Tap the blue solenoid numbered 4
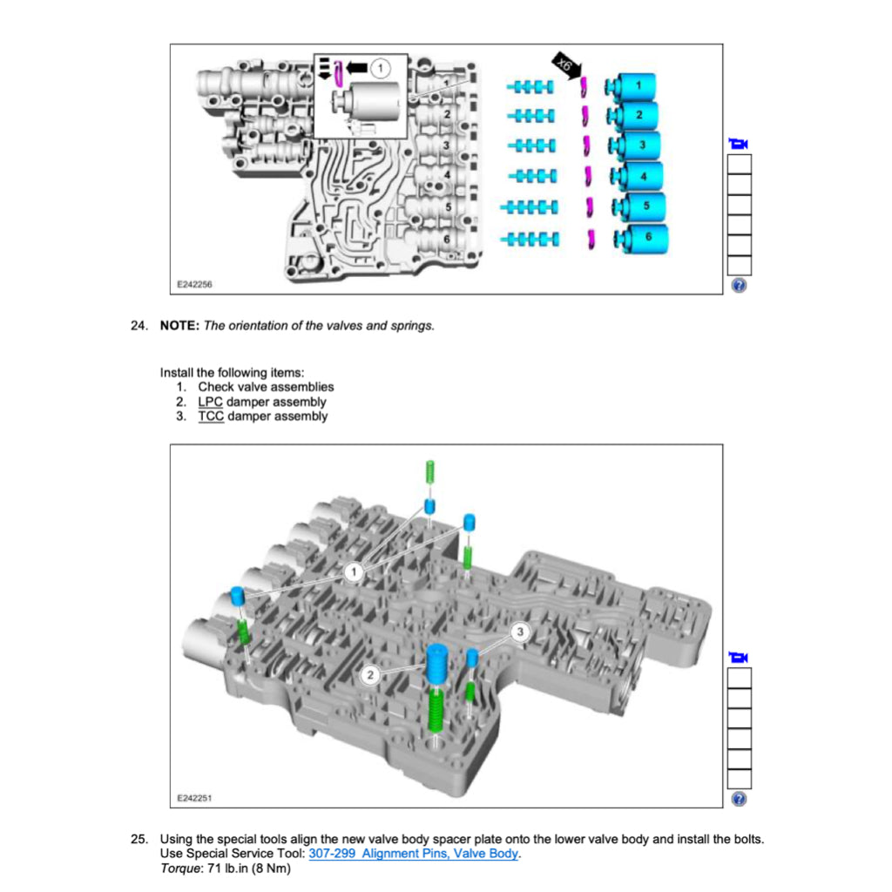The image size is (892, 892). click(x=639, y=177)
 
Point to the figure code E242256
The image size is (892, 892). click(x=195, y=284)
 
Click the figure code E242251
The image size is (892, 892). click(x=195, y=797)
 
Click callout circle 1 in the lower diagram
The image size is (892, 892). click(x=353, y=572)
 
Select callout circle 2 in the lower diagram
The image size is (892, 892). click(x=370, y=675)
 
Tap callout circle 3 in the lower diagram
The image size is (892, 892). click(x=520, y=632)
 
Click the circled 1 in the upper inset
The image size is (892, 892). click(x=380, y=66)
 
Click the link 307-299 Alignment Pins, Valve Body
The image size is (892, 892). click(x=413, y=854)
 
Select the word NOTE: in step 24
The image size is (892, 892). click(x=179, y=326)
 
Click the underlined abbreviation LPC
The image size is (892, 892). click(x=211, y=402)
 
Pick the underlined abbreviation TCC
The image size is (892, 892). click(x=211, y=417)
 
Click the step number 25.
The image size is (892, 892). click(x=139, y=839)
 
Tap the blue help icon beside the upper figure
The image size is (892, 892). click(x=739, y=286)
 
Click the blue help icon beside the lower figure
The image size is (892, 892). click(x=739, y=799)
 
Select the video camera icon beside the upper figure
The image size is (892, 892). click(x=739, y=144)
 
